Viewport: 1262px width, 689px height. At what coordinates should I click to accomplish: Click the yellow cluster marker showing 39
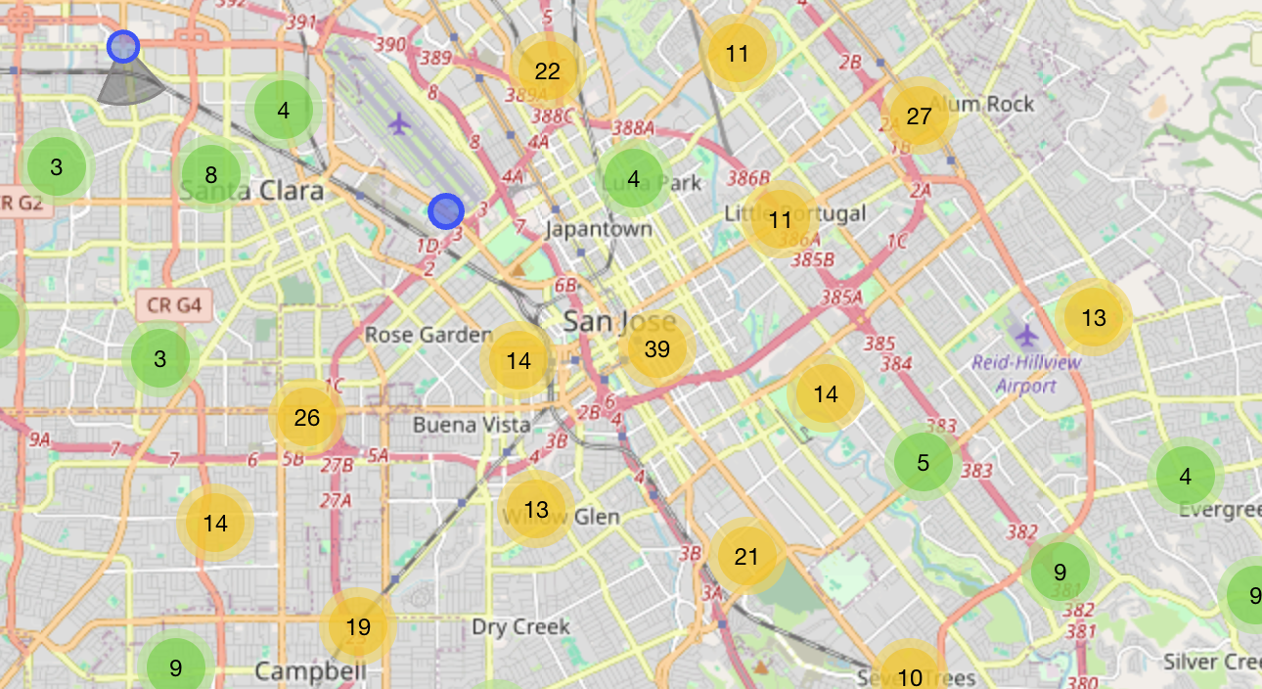pyautogui.click(x=657, y=349)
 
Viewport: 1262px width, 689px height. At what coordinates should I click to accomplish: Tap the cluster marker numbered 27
pyautogui.click(x=919, y=116)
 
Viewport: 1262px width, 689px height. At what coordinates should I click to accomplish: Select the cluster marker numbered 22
pyautogui.click(x=547, y=70)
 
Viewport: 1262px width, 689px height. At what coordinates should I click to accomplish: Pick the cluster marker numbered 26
pyautogui.click(x=306, y=418)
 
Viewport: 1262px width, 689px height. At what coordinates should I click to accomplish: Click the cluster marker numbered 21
pyautogui.click(x=746, y=557)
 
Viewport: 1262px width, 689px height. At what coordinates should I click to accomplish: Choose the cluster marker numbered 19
pyautogui.click(x=359, y=626)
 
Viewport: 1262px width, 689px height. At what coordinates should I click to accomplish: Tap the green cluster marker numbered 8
pyautogui.click(x=211, y=176)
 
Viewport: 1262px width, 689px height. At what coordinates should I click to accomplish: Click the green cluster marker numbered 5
pyautogui.click(x=923, y=462)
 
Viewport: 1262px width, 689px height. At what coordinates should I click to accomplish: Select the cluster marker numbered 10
pyautogui.click(x=909, y=675)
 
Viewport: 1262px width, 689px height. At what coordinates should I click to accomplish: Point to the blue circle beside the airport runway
pyautogui.click(x=445, y=210)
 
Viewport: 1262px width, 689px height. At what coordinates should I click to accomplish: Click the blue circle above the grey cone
pyautogui.click(x=123, y=46)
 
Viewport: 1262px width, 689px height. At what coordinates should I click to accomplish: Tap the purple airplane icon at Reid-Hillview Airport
pyautogui.click(x=1025, y=335)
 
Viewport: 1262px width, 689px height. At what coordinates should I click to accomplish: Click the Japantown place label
pyautogui.click(x=599, y=229)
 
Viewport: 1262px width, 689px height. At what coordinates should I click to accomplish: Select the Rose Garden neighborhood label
pyautogui.click(x=428, y=335)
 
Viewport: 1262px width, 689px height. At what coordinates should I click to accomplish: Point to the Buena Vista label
pyautogui.click(x=472, y=425)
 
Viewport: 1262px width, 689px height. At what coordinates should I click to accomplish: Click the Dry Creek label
pyautogui.click(x=520, y=626)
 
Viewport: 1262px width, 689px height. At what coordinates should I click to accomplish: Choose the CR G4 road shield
pyautogui.click(x=173, y=305)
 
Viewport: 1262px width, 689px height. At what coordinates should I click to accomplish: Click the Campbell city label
pyautogui.click(x=310, y=671)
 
